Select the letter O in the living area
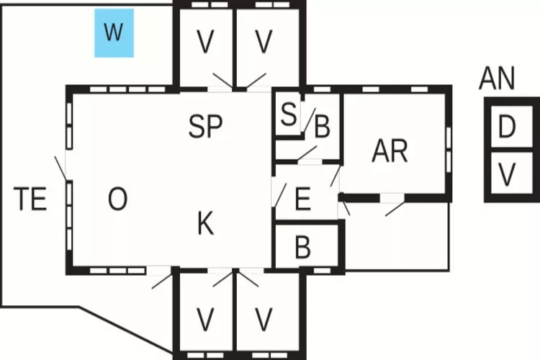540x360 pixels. coord(117,199)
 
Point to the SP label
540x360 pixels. coord(205,127)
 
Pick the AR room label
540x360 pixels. coord(390,151)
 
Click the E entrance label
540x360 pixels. coord(303,199)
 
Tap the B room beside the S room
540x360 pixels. coord(322,128)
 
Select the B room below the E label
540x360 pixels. coord(303,247)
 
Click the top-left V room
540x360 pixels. coord(206,43)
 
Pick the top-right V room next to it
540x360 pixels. coord(265,43)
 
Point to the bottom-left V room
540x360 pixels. coord(206,318)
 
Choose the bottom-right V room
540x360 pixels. coord(265,318)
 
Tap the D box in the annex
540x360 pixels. coord(507,127)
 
